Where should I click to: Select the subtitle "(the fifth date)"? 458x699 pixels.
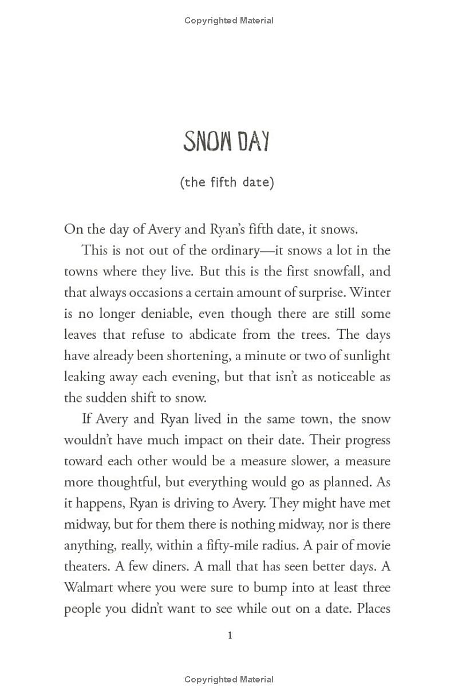coord(227,183)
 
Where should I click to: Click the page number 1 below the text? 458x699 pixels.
coord(230,635)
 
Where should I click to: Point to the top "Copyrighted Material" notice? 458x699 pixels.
coord(229,21)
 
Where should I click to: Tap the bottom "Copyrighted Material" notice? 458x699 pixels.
coord(229,680)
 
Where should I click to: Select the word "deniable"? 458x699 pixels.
coord(167,313)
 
